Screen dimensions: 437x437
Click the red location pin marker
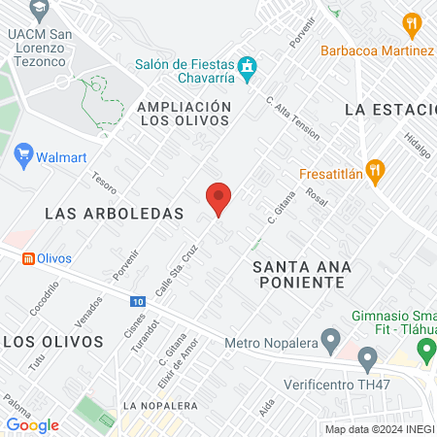pyautogui.click(x=218, y=199)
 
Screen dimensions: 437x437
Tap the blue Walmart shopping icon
pyautogui.click(x=24, y=154)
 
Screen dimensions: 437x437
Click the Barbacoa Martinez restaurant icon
pyautogui.click(x=413, y=23)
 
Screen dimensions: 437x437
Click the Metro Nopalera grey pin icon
pyautogui.click(x=331, y=342)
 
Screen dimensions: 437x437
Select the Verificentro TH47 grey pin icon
pyautogui.click(x=367, y=361)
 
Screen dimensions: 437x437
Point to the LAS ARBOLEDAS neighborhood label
pyautogui.click(x=115, y=212)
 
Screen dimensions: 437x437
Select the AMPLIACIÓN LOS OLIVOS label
pyautogui.click(x=184, y=113)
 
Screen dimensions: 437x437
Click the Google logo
pyautogui.click(x=32, y=424)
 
